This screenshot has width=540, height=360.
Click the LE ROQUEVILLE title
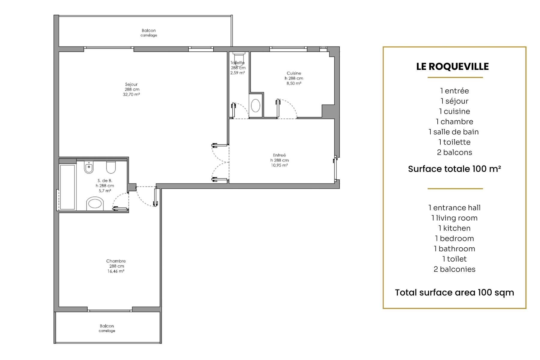(x=452, y=67)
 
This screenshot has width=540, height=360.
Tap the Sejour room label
(x=131, y=84)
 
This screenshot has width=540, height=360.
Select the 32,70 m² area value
(x=131, y=94)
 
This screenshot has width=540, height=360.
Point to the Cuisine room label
(x=294, y=73)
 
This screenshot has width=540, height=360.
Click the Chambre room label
(x=116, y=261)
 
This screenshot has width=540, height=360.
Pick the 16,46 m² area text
(x=116, y=271)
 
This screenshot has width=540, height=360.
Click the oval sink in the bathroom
(x=95, y=204)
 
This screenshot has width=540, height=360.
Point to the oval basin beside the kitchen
(x=255, y=106)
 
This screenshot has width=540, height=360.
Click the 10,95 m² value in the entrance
(x=279, y=165)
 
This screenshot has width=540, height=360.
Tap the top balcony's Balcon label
(x=149, y=30)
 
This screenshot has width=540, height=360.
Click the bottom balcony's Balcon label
(x=107, y=326)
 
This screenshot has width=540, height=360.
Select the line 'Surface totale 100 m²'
(x=454, y=169)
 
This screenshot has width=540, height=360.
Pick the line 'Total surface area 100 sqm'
(x=454, y=292)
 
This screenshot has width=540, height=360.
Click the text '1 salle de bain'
(x=454, y=132)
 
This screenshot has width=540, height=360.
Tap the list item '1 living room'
(x=454, y=218)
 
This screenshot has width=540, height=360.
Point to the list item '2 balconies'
(x=454, y=269)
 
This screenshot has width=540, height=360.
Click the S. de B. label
(x=105, y=181)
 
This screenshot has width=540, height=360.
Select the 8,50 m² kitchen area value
(x=294, y=83)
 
